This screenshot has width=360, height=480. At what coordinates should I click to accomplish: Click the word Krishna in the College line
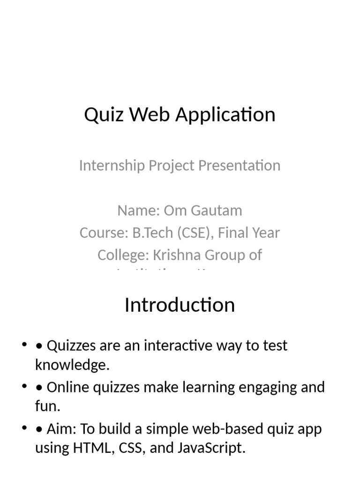click(x=186, y=255)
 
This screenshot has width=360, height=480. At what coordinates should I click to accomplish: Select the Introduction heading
click(x=180, y=305)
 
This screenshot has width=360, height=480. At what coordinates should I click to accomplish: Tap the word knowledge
click(x=72, y=365)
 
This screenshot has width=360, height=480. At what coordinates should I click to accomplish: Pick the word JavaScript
click(x=211, y=448)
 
